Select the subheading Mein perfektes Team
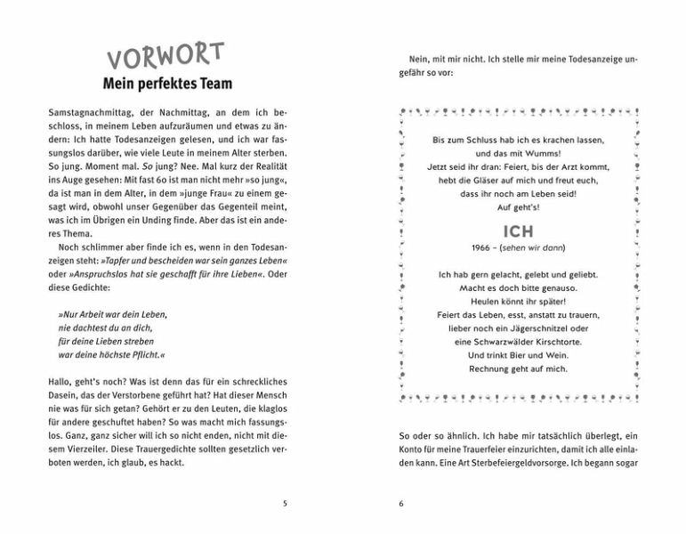tap(166, 85)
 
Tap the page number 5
tap(285, 503)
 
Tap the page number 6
tap(401, 503)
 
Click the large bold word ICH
tap(518, 231)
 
